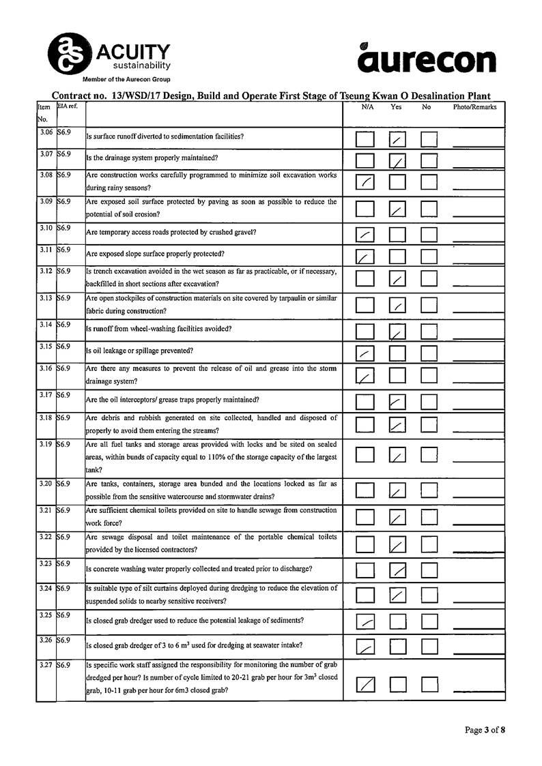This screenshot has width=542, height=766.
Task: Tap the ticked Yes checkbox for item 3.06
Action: [398, 140]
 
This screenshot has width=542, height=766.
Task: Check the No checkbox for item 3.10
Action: [429, 235]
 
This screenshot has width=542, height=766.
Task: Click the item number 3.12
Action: [46, 271]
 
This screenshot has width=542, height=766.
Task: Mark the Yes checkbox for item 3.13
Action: [398, 306]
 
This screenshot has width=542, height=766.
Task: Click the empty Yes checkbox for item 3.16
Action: [398, 375]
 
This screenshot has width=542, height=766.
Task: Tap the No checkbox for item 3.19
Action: [429, 454]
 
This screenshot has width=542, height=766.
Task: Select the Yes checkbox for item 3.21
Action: [398, 518]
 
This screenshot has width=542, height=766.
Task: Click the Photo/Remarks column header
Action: [474, 107]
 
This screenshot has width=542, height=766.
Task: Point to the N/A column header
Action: [367, 107]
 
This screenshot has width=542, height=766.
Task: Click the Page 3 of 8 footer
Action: [485, 730]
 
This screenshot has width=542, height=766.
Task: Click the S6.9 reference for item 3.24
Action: [64, 588]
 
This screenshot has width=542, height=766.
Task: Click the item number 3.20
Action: [46, 484]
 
